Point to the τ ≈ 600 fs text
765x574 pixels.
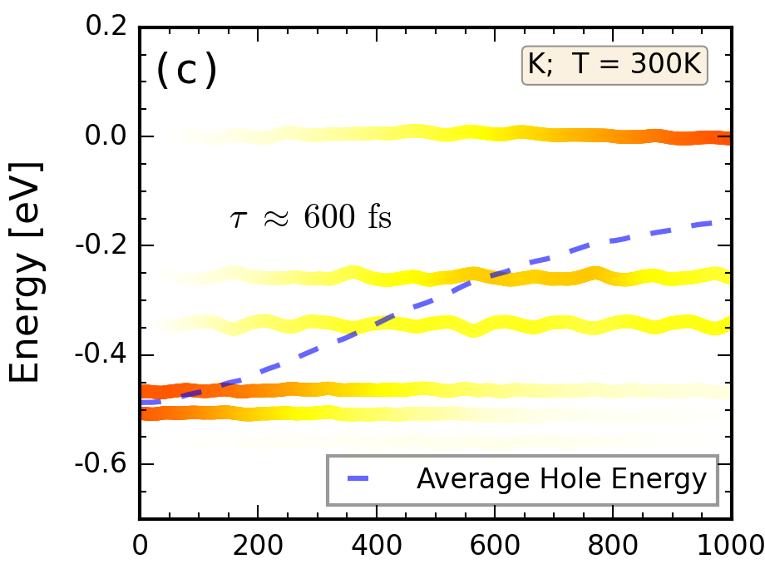click(x=310, y=218)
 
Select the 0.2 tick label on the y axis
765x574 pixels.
click(x=108, y=27)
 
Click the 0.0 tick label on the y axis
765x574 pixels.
click(x=108, y=136)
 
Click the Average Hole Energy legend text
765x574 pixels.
click(x=561, y=479)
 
